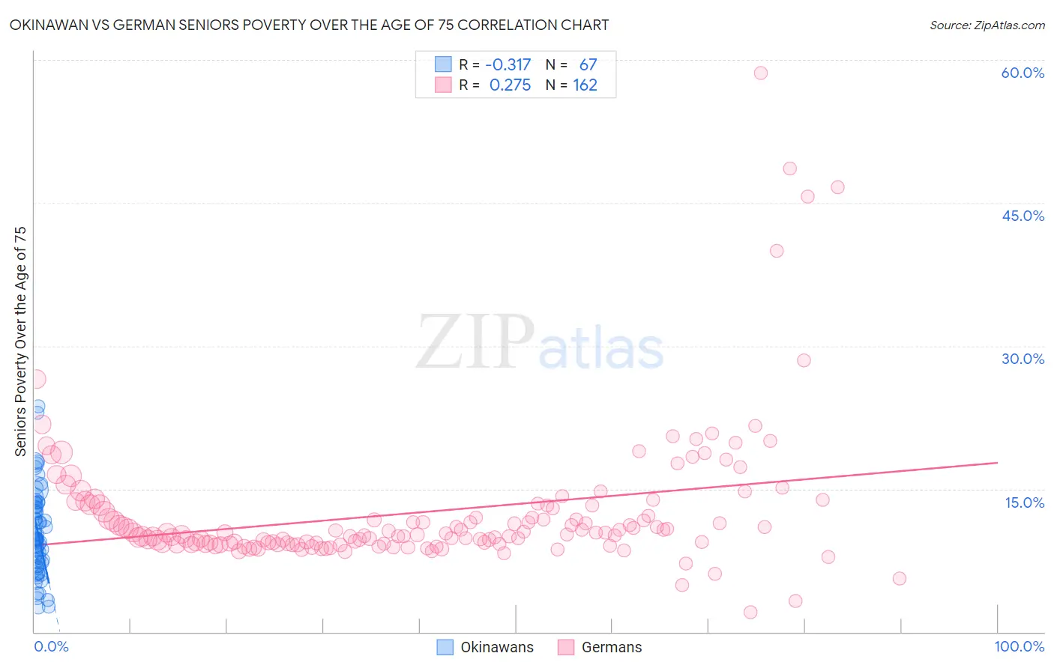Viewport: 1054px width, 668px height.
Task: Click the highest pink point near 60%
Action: [760, 73]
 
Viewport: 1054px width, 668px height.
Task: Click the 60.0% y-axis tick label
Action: [1023, 73]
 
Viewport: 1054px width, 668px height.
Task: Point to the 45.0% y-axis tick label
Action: [1023, 216]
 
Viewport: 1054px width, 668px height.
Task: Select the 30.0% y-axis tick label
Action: [1023, 359]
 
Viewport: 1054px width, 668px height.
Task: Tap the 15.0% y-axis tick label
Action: [1024, 502]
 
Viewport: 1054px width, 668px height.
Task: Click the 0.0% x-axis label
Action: [51, 646]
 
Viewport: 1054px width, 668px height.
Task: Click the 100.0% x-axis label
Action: [1019, 646]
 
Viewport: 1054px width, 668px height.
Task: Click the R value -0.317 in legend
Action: [508, 64]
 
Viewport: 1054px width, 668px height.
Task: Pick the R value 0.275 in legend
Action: [510, 85]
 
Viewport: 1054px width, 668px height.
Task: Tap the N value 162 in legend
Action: [585, 85]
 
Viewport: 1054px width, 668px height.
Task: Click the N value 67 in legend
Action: [588, 64]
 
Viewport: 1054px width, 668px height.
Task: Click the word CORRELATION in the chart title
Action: [509, 25]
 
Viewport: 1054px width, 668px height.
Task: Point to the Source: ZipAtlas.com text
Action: [987, 25]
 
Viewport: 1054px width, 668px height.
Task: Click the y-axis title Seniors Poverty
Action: [20, 341]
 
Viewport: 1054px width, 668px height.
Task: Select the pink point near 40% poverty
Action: [777, 251]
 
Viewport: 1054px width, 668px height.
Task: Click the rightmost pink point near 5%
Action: [900, 578]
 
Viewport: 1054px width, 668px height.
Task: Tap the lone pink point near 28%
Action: [804, 360]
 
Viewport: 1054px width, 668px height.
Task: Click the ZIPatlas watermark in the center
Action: [540, 342]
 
